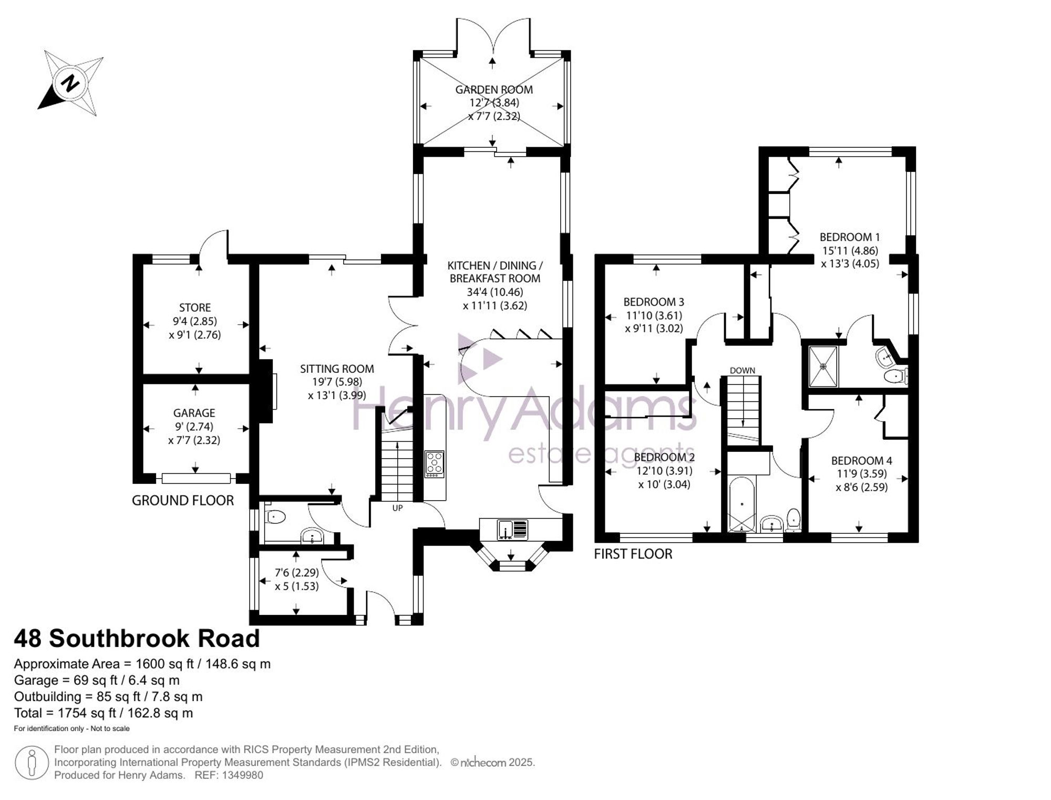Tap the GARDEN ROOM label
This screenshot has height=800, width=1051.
tap(494, 90)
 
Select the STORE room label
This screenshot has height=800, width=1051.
tap(195, 308)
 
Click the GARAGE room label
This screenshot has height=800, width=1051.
tap(194, 413)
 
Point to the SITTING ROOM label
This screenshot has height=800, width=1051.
tap(337, 369)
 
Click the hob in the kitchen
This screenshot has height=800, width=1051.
tap(435, 464)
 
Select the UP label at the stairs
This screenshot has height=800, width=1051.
tap(397, 508)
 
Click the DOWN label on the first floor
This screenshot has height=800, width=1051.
tap(743, 370)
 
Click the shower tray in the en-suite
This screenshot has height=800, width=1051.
tap(823, 366)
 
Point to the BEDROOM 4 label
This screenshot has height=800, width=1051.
tap(862, 461)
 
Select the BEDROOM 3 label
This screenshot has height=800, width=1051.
tap(654, 302)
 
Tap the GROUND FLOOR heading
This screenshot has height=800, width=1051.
tap(183, 501)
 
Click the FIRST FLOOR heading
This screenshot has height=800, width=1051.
tap(633, 554)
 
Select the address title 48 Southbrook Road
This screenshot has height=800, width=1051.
tap(137, 639)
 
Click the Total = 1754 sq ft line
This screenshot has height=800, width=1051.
tap(104, 713)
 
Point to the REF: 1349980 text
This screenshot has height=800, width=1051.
tap(229, 775)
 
